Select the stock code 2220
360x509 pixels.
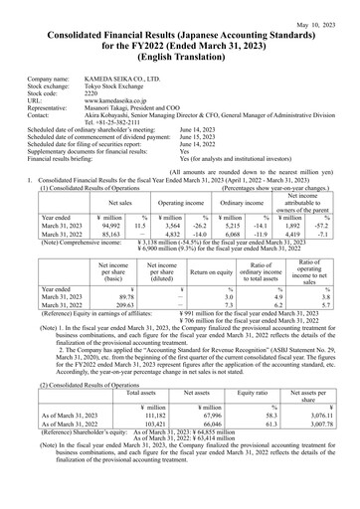[92, 94]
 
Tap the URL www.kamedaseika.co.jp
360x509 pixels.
[121, 102]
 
